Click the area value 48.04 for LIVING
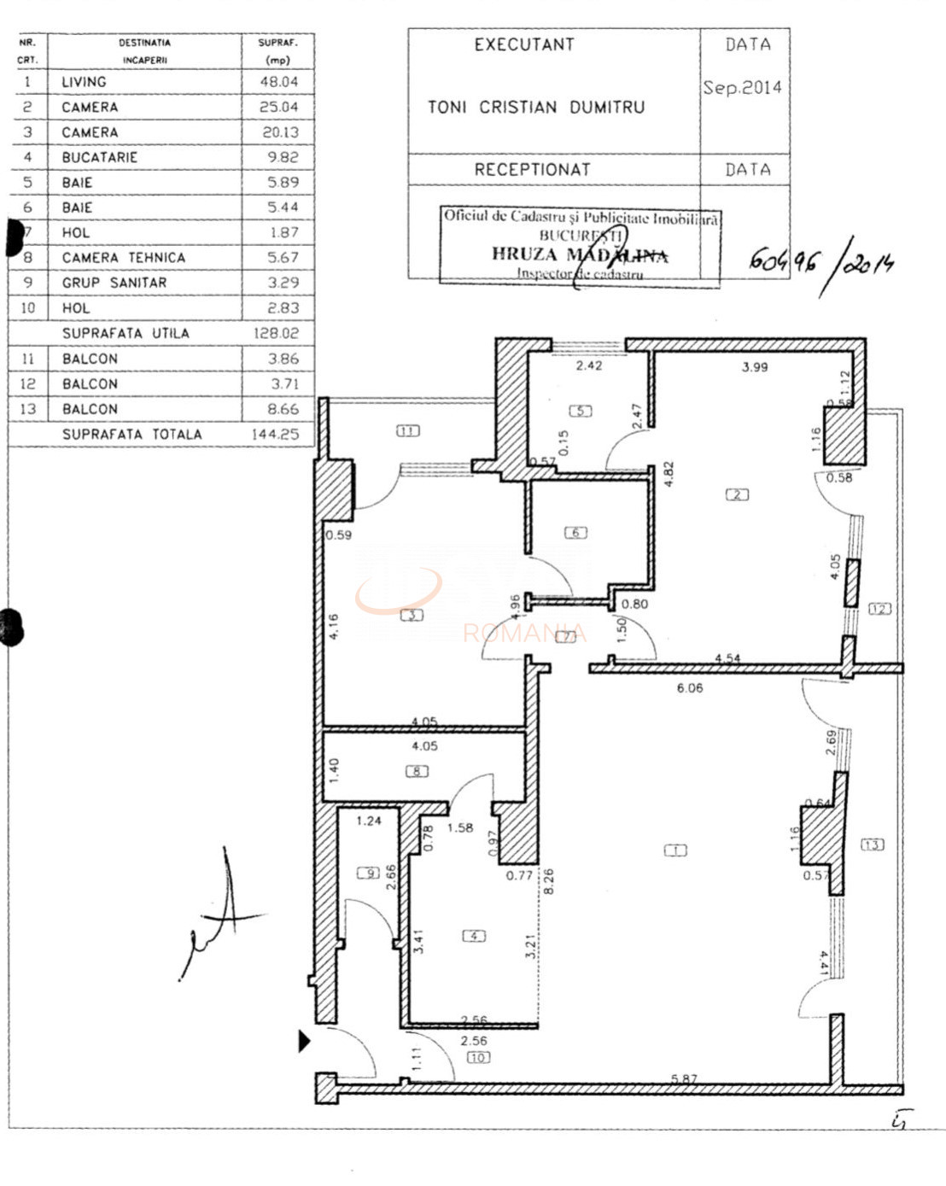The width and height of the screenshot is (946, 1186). pyautogui.click(x=278, y=82)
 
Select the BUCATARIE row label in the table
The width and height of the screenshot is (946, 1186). pyautogui.click(x=99, y=157)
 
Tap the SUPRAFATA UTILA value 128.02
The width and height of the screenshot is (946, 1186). pyautogui.click(x=276, y=334)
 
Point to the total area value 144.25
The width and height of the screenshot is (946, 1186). pyautogui.click(x=275, y=435)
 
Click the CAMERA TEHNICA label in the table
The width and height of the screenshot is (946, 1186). pyautogui.click(x=123, y=258)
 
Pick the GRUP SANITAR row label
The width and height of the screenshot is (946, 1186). pyautogui.click(x=114, y=283)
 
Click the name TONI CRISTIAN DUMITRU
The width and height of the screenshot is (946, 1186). pyautogui.click(x=536, y=108)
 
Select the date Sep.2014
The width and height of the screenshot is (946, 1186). pyautogui.click(x=742, y=88)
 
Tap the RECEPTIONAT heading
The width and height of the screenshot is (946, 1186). pyautogui.click(x=532, y=170)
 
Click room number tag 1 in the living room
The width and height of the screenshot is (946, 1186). pyautogui.click(x=675, y=850)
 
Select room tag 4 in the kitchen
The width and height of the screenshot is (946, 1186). pyautogui.click(x=473, y=936)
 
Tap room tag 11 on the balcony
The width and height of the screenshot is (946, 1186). pyautogui.click(x=408, y=431)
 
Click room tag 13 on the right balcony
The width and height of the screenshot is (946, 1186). pyautogui.click(x=872, y=844)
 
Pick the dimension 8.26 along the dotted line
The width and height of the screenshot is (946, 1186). pyautogui.click(x=548, y=880)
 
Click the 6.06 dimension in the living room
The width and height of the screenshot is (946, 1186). pyautogui.click(x=689, y=688)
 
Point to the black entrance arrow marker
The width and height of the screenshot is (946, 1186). pyautogui.click(x=304, y=1041)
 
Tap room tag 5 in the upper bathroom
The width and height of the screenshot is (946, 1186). pyautogui.click(x=581, y=411)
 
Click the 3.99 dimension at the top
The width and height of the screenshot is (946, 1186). pyautogui.click(x=754, y=367)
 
